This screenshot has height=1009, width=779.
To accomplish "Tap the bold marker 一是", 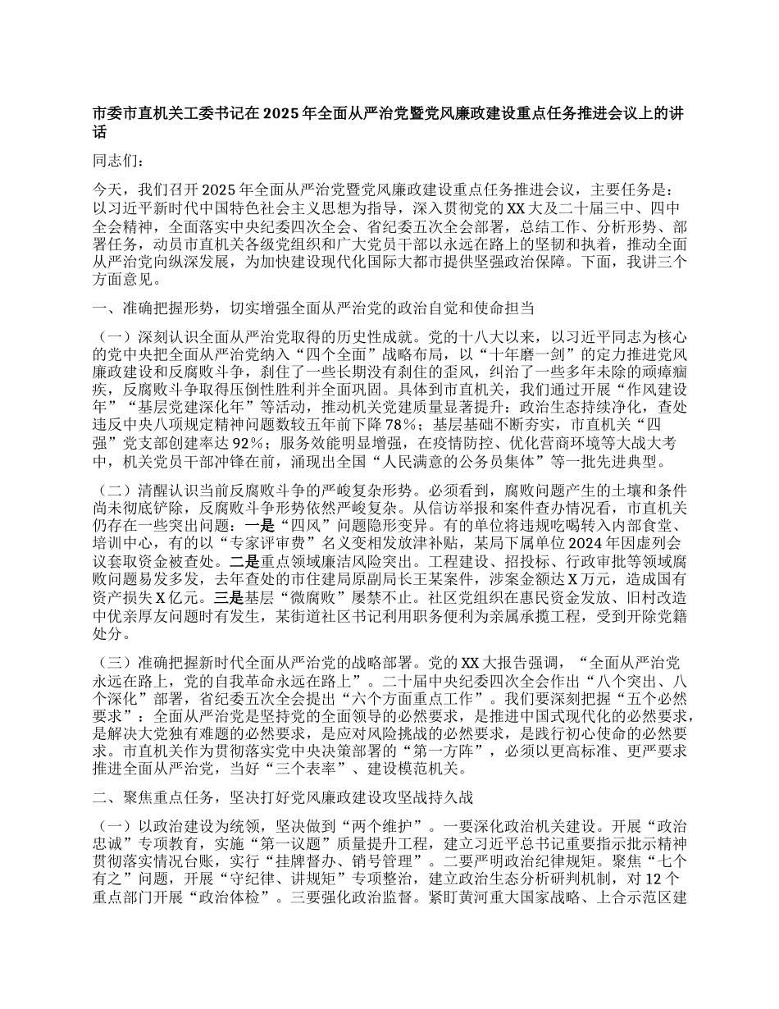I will click(298, 525).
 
